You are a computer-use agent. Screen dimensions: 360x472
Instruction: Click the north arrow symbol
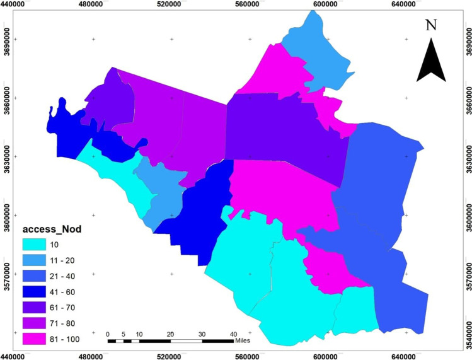coord(431,61)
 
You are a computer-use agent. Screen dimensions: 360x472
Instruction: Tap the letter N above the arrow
coord(431,26)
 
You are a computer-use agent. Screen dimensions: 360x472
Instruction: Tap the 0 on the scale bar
coord(108,334)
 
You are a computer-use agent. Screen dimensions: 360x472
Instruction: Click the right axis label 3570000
coord(467,274)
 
